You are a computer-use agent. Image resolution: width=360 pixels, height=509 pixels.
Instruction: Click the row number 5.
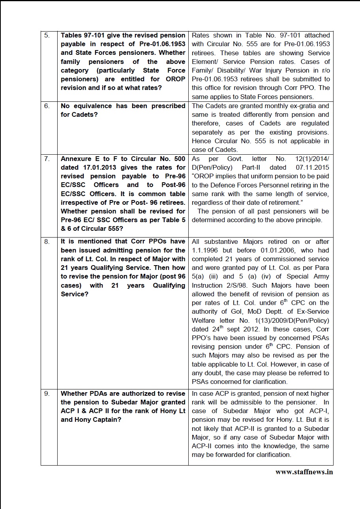(47, 36)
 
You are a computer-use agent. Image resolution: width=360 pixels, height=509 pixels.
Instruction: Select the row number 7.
(47, 159)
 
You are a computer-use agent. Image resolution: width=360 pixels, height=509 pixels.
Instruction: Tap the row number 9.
(47, 394)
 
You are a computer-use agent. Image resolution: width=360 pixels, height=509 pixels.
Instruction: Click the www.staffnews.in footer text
(304, 472)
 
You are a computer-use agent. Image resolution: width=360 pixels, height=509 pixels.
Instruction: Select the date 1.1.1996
(205, 251)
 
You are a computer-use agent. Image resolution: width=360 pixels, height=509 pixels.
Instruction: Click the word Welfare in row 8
(204, 320)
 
